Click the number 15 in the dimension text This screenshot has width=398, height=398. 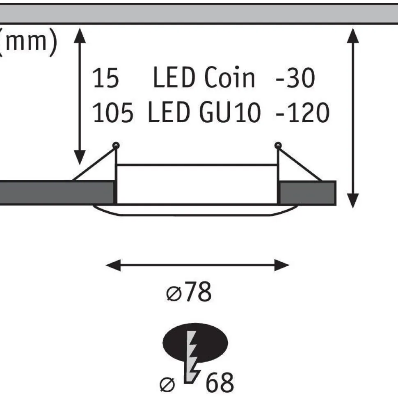[106, 78]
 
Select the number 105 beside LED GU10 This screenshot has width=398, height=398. [113, 113]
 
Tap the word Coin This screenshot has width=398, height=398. [229, 78]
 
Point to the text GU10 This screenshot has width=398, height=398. [230, 112]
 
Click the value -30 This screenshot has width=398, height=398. [295, 78]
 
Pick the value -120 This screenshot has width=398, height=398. [302, 113]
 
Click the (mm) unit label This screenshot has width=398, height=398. [27, 41]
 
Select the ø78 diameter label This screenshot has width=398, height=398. [189, 292]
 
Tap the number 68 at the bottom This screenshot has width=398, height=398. [220, 382]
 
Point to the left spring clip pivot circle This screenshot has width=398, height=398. [116, 146]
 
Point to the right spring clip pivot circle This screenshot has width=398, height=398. [278, 146]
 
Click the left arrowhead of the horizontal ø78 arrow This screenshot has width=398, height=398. [113, 265]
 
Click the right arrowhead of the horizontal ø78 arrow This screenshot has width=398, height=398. [282, 265]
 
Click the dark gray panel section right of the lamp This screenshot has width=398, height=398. [308, 193]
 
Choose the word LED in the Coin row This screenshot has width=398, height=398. [174, 78]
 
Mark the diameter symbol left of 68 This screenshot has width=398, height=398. [167, 384]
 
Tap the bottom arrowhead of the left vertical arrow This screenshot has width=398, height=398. [80, 157]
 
